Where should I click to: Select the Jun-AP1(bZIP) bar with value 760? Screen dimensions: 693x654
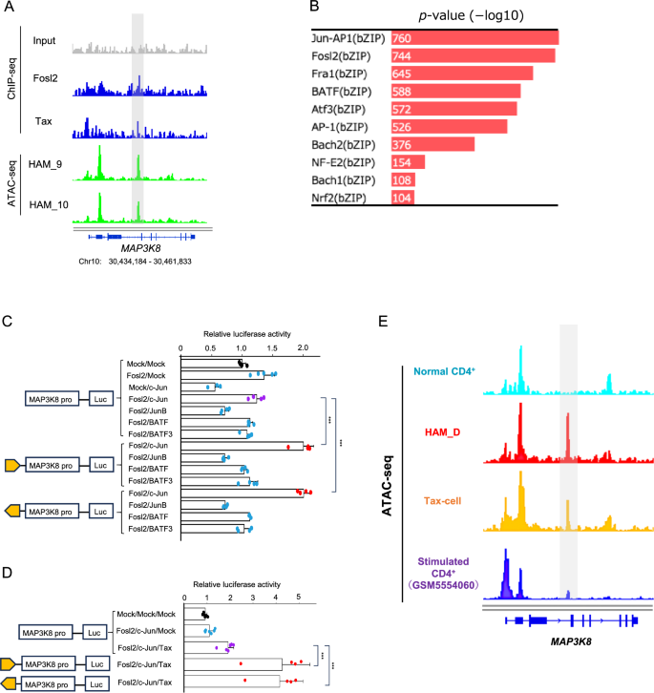(x=474, y=37)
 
